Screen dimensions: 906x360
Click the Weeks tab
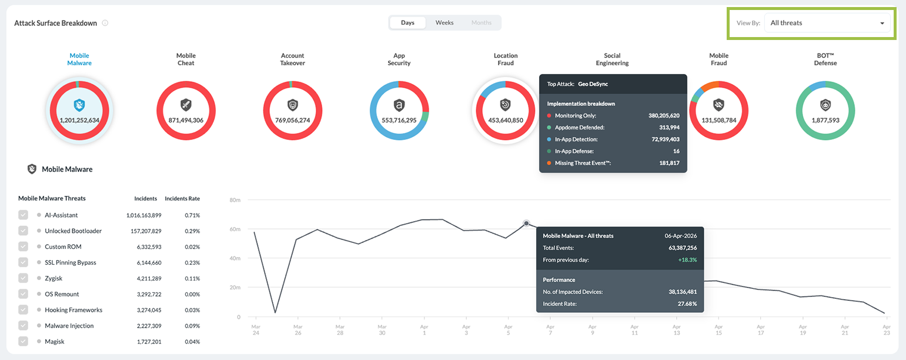pyautogui.click(x=444, y=23)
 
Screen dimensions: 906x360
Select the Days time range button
pyautogui.click(x=407, y=23)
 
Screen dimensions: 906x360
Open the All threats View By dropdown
pyautogui.click(x=827, y=23)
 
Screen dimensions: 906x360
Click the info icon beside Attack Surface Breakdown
pyautogui.click(x=105, y=23)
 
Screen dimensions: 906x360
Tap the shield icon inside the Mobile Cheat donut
pyautogui.click(x=186, y=105)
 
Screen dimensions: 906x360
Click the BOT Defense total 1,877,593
pyautogui.click(x=825, y=120)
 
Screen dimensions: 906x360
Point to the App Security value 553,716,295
pyautogui.click(x=399, y=120)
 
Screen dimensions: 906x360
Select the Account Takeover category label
pyautogui.click(x=292, y=59)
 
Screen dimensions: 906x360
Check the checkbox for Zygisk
pyautogui.click(x=23, y=278)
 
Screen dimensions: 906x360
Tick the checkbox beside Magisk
pyautogui.click(x=23, y=341)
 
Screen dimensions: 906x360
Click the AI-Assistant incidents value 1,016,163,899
pyautogui.click(x=143, y=215)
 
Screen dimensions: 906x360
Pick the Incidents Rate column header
pyautogui.click(x=182, y=199)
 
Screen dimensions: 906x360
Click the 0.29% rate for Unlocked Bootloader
pyautogui.click(x=192, y=231)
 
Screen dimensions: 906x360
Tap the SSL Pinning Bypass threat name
pyautogui.click(x=71, y=262)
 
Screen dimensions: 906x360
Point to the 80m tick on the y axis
pyautogui.click(x=235, y=200)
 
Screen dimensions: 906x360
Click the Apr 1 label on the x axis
pyautogui.click(x=424, y=329)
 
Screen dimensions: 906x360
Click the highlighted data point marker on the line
pyautogui.click(x=526, y=224)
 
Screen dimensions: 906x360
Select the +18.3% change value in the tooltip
pyautogui.click(x=687, y=259)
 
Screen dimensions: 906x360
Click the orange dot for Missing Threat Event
pyautogui.click(x=549, y=163)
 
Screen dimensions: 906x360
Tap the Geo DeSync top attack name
pyautogui.click(x=593, y=84)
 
